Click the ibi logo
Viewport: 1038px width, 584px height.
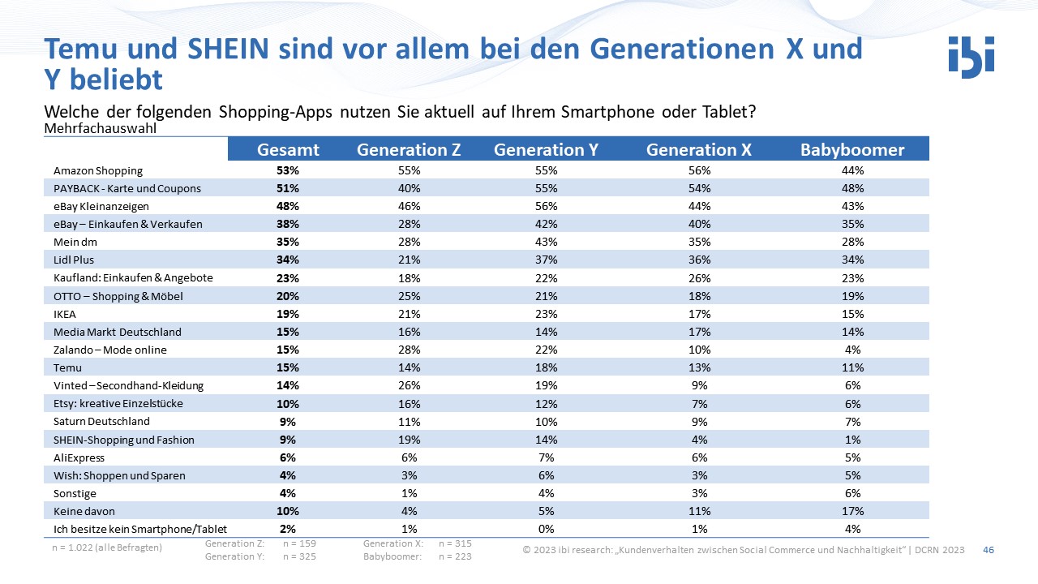(972, 58)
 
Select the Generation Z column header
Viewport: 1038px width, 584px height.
(409, 150)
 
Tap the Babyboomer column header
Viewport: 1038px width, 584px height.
(852, 150)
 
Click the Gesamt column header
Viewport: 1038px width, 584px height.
(288, 150)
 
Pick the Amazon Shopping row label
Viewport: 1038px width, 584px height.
(98, 171)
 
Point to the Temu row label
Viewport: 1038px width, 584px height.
(67, 368)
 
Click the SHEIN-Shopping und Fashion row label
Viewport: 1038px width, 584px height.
(124, 440)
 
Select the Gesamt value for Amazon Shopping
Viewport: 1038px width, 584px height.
(288, 170)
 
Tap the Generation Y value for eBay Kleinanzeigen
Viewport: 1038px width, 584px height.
(547, 206)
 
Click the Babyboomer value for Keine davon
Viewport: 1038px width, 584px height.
(852, 511)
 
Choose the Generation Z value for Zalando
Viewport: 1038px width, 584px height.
(410, 350)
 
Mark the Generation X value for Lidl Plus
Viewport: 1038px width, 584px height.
(699, 260)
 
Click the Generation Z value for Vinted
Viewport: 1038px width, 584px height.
(410, 385)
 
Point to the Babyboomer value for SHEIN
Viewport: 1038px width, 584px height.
(852, 440)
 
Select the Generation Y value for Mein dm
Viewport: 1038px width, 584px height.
(547, 242)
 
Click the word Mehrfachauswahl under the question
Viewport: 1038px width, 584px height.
(100, 128)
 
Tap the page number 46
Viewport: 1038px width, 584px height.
(989, 550)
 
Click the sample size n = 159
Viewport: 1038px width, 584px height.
(299, 543)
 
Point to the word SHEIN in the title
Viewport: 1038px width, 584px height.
(228, 49)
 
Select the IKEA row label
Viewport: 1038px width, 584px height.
(64, 314)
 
